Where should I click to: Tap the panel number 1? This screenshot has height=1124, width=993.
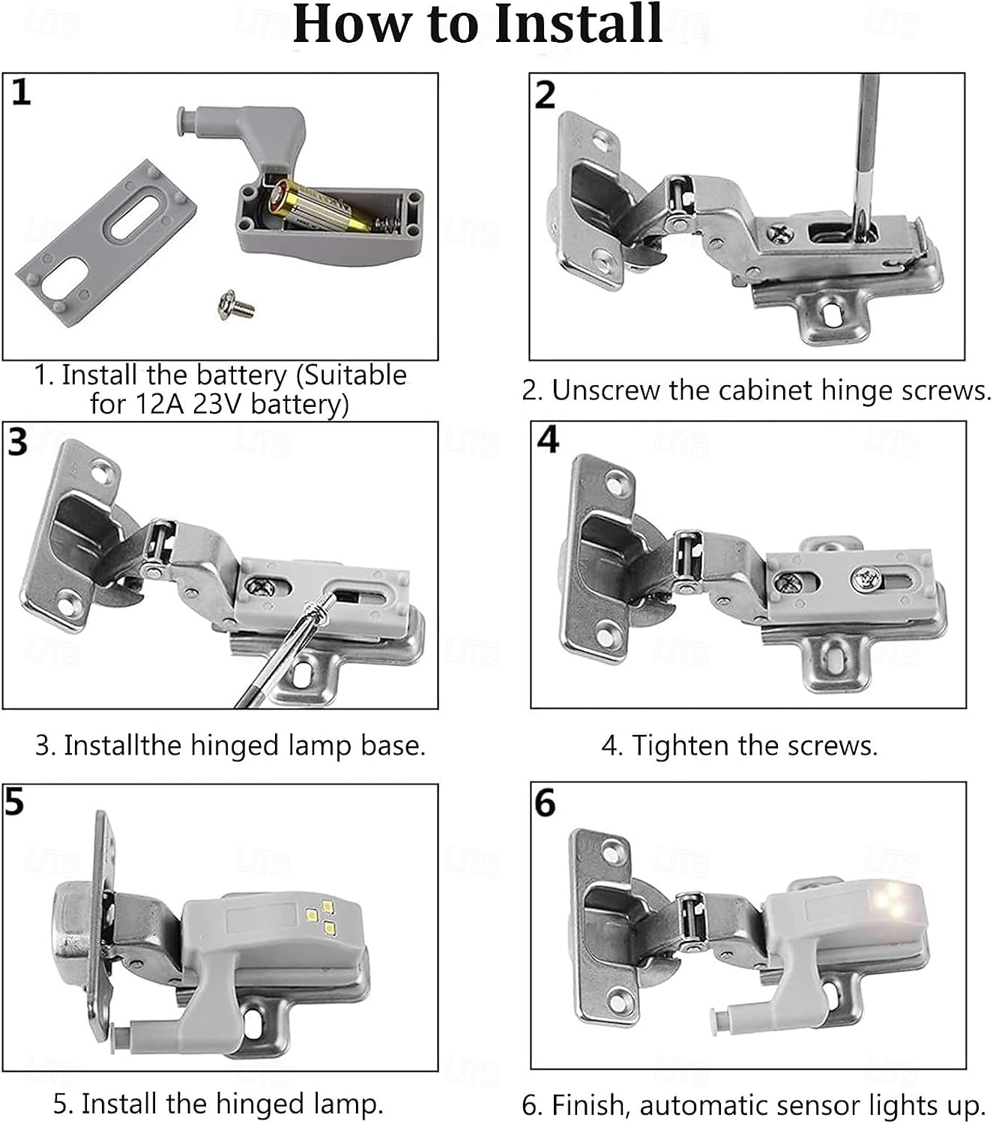click(21, 92)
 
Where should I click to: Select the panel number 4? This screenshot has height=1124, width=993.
click(548, 440)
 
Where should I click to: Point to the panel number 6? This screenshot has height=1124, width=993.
click(545, 803)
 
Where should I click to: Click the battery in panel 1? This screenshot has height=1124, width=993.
click(319, 206)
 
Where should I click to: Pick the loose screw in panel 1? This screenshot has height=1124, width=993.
click(237, 305)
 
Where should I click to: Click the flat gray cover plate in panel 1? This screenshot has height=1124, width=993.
click(106, 243)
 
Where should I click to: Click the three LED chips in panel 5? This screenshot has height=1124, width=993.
click(320, 918)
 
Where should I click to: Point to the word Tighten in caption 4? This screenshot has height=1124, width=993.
click(680, 745)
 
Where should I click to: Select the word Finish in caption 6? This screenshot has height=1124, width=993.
click(591, 1105)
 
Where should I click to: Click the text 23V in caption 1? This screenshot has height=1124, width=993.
click(219, 404)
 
